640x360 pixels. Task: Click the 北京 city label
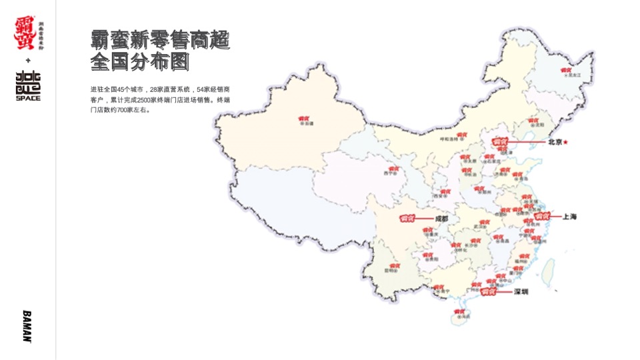pos(555,142)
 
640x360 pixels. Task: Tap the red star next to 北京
pos(566,142)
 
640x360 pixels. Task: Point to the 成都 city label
pos(441,218)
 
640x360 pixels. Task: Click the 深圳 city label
pos(521,292)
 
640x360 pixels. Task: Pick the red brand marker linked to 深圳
pos(489,292)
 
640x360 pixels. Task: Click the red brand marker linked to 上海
pos(541,217)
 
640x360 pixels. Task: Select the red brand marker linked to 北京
pos(499,141)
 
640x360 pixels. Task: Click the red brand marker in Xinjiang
pos(307,119)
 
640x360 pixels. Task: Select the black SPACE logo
pos(28,85)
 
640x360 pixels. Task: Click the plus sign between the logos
pos(28,61)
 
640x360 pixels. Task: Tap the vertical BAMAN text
pos(27,325)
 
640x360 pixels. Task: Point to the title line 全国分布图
pos(140,63)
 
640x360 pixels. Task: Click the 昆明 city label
pos(391,271)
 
